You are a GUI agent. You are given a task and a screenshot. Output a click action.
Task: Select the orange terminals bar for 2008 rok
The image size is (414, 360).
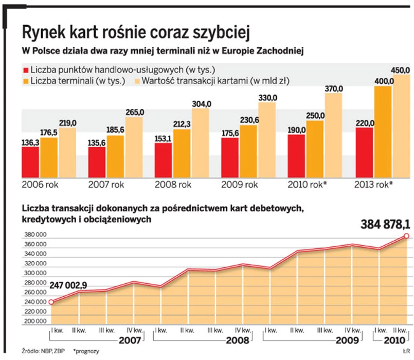[182, 152]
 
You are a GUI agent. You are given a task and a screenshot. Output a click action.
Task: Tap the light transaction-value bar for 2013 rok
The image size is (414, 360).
[402, 125]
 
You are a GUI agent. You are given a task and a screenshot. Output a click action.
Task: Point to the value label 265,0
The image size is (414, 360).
[135, 113]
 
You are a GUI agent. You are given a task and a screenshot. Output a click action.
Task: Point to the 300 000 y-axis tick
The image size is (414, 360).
[33, 274]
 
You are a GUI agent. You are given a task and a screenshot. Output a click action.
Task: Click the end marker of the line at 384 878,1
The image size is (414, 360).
[406, 236]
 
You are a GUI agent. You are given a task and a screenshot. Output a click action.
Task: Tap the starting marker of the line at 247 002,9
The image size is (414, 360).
[51, 302]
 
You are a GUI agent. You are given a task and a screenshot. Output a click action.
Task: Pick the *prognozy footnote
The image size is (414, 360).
[86, 351]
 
